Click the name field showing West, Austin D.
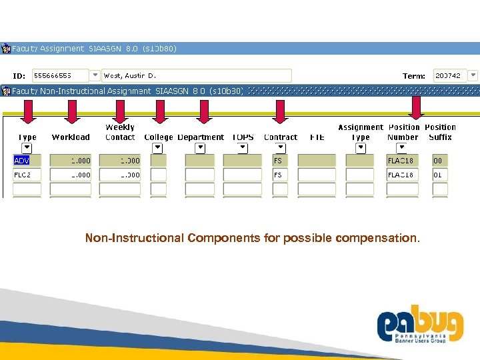[x=197, y=75]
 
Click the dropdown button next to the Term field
[x=473, y=75]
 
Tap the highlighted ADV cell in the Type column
[x=27, y=161]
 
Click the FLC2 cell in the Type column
[x=27, y=175]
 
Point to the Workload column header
[x=71, y=137]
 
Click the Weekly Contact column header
[x=120, y=132]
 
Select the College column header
[x=158, y=137]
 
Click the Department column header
[x=201, y=137]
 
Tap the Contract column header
[x=280, y=137]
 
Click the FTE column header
[x=317, y=137]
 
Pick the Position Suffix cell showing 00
[x=439, y=161]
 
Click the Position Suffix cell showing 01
[x=439, y=175]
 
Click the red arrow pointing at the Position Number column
[x=416, y=108]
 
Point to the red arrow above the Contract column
[x=280, y=111]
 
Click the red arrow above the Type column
[x=27, y=111]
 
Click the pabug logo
[x=419, y=327]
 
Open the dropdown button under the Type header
[x=27, y=148]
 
